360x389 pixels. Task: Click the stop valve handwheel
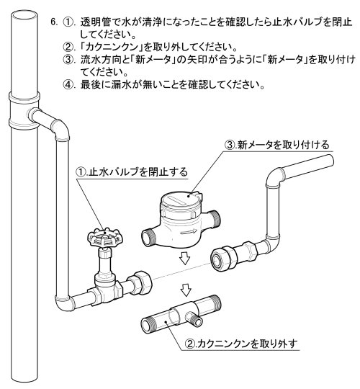tap(105, 237)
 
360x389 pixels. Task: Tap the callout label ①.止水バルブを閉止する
tap(132, 172)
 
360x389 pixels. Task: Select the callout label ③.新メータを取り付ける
tap(276, 145)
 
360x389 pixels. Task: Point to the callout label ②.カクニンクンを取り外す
tap(241, 344)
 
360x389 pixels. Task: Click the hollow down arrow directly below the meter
tap(185, 258)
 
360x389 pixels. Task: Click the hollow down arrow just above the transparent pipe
tap(186, 290)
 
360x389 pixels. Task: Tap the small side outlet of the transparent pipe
tap(195, 319)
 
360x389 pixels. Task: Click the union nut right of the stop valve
tap(140, 282)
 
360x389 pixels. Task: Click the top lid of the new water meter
tap(181, 199)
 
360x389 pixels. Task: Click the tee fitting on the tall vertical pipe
tap(24, 110)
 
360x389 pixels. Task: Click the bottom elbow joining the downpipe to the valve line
tap(64, 301)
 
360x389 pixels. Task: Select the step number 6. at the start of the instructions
tap(54, 22)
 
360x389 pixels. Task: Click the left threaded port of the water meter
tap(149, 238)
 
